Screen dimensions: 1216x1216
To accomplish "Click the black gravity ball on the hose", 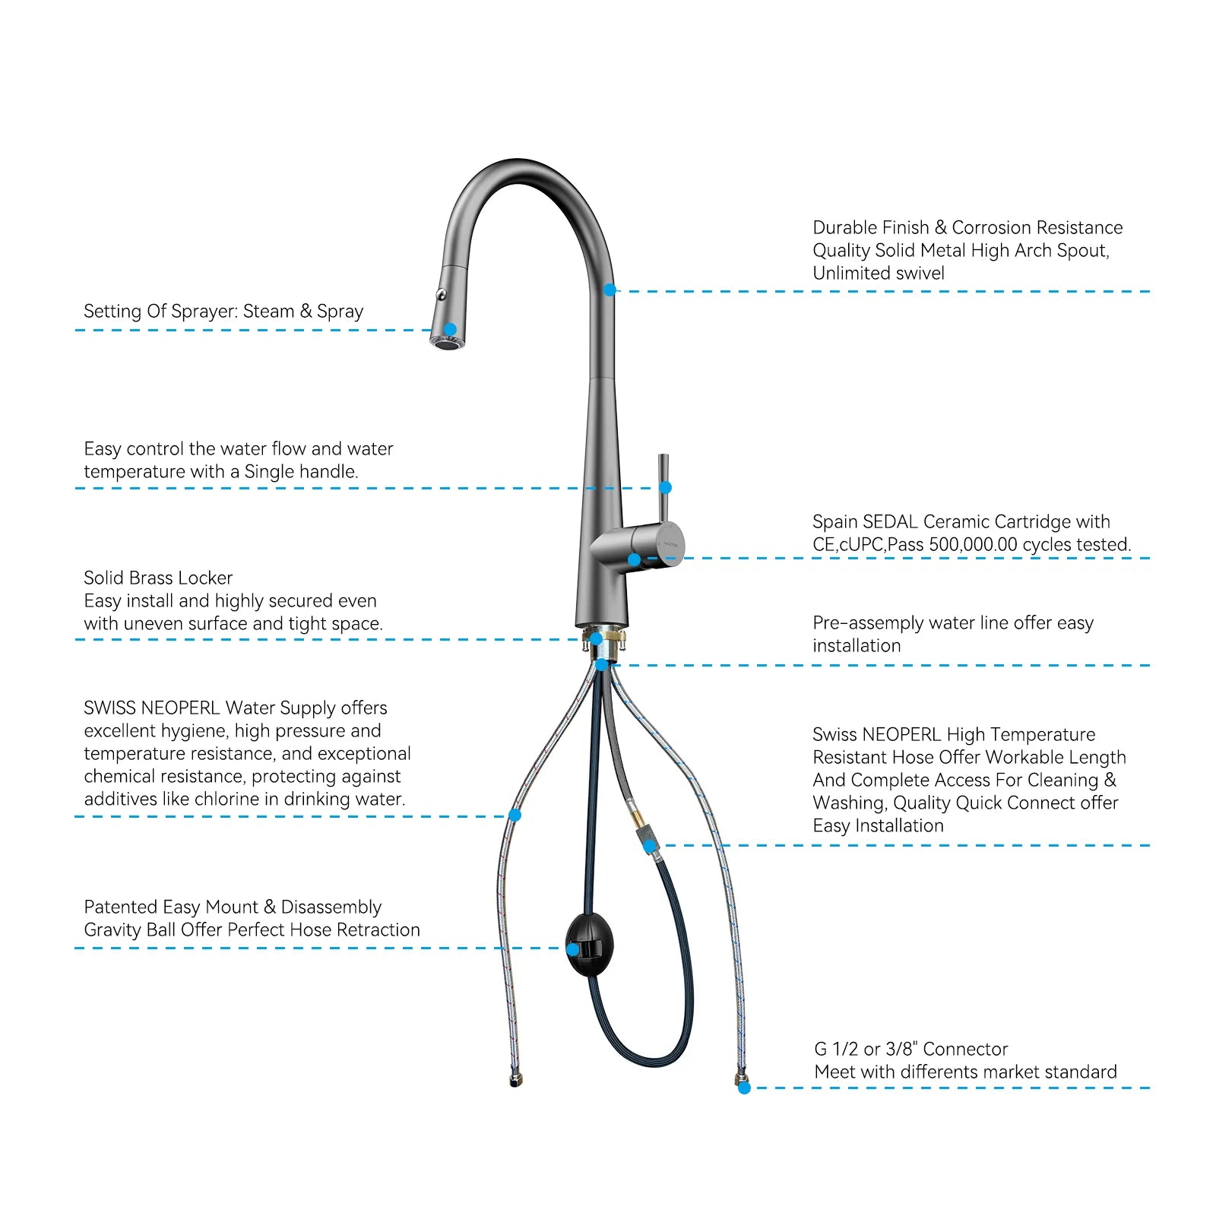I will tap(590, 945).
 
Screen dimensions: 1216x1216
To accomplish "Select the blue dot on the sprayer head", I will tap(450, 330).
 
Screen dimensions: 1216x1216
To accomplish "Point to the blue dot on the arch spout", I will tap(610, 290).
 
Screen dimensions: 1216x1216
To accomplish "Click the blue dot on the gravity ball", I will tap(573, 949).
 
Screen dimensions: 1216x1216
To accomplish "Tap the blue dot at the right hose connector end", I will tap(744, 1088).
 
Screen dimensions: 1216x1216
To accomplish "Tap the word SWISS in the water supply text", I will tap(109, 708).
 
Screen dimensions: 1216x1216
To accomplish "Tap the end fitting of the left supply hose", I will tap(515, 1080).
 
